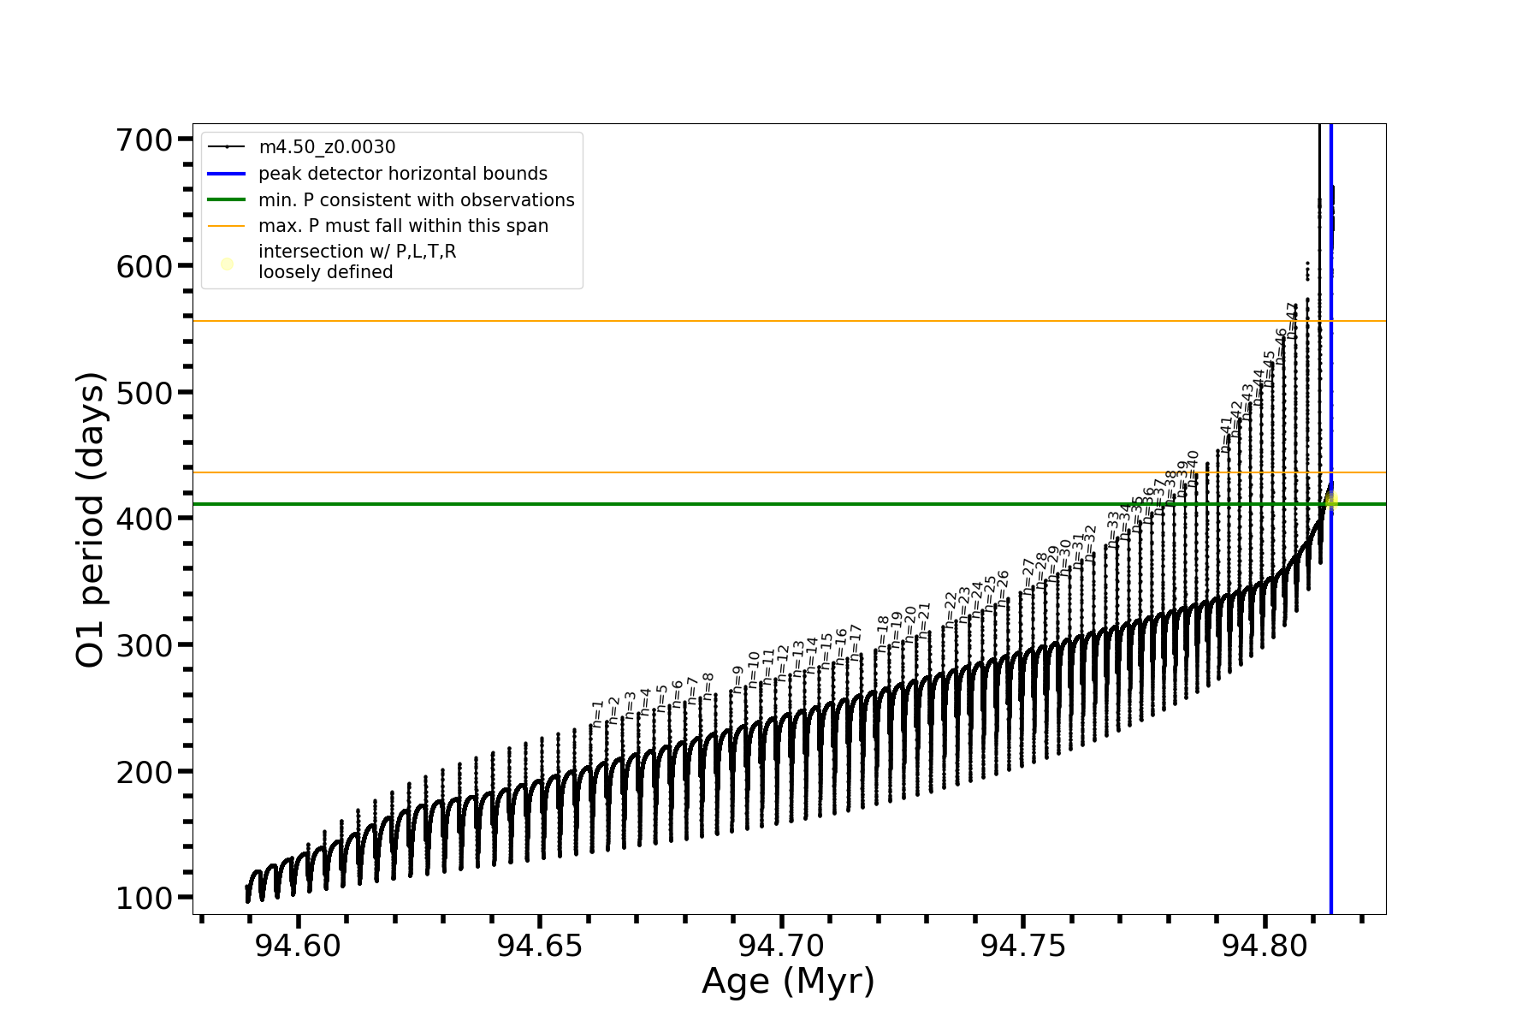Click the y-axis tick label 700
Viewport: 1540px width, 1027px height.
(144, 140)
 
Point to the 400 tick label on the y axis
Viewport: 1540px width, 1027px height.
(144, 519)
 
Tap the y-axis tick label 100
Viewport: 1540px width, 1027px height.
(144, 898)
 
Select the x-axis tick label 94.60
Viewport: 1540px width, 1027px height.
(298, 946)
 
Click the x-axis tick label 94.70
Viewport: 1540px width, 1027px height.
(781, 946)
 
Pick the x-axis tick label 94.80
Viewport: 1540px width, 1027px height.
(1265, 946)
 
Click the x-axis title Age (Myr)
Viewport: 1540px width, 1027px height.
(788, 981)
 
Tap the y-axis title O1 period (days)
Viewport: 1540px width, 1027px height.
(91, 519)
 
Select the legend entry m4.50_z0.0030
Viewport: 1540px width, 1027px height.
(327, 147)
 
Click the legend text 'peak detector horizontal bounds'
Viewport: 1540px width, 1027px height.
(402, 174)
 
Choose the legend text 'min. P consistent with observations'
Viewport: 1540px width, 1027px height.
(416, 200)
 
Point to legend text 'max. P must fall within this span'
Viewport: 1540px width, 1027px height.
(403, 226)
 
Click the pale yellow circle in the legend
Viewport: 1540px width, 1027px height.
(227, 264)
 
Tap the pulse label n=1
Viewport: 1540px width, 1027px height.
(598, 713)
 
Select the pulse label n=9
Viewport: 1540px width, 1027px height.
(737, 680)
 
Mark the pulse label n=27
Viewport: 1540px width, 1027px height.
(1028, 577)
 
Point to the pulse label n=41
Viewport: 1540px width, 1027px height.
(1226, 435)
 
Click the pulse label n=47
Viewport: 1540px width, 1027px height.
(1292, 320)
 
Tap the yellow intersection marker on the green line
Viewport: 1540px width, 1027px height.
(1330, 502)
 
